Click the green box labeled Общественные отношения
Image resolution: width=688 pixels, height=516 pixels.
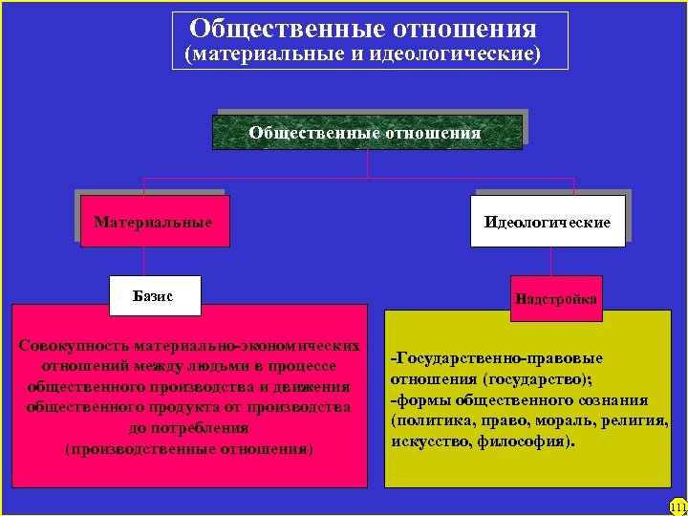coord(366,132)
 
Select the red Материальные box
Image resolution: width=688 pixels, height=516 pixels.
coord(153,222)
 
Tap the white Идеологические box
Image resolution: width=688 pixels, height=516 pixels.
coord(547,222)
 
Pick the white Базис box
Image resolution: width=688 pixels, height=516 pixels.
coord(153,296)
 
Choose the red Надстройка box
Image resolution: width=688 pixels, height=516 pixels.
coord(555,299)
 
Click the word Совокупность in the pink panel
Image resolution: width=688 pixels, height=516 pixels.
coord(73,345)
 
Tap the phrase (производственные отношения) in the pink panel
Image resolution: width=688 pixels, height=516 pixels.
coord(188,448)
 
